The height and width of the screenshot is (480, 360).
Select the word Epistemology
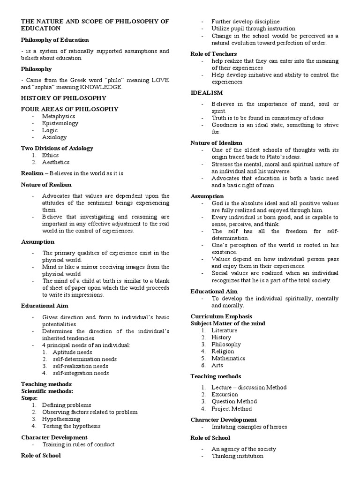60,123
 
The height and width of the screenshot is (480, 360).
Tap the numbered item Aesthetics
55,162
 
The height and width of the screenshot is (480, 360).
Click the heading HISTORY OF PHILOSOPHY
63,98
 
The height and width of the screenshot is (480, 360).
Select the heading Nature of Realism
45,185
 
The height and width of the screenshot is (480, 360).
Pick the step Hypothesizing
61,419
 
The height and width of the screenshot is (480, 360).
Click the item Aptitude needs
72,352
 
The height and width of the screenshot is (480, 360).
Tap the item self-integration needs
81,373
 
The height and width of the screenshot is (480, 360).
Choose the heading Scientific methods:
47,391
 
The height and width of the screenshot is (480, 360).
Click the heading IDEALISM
207,93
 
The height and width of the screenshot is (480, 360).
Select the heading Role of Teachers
213,54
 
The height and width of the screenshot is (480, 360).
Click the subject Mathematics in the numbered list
228,358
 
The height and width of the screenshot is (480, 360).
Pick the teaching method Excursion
225,394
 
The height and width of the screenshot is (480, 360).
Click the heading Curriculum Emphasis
221,316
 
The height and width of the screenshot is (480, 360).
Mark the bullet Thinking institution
237,456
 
